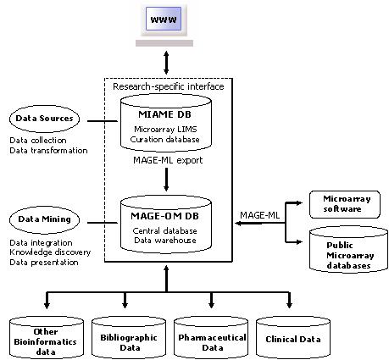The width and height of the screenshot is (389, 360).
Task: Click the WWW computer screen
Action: point(164,19)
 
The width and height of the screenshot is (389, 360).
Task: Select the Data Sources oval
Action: point(44,119)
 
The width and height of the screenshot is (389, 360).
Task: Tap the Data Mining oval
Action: point(44,219)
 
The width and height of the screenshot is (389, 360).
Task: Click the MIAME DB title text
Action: point(164,114)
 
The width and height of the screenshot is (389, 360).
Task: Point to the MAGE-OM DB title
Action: point(165,216)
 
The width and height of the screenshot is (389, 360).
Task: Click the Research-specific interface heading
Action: point(169,86)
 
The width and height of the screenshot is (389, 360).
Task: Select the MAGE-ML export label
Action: point(168,160)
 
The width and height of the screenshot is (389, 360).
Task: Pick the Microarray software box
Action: point(345,204)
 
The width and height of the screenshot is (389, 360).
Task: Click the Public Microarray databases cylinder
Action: point(348,250)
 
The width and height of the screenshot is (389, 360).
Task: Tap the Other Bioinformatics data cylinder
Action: point(47,338)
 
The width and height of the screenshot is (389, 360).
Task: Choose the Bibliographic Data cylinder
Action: point(129,338)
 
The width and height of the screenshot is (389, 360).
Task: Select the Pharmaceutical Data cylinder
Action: point(211,338)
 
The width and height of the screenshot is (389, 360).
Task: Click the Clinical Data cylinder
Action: point(293,338)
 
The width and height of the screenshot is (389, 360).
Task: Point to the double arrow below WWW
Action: point(166,63)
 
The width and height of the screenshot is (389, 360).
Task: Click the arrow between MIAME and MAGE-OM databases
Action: point(166,180)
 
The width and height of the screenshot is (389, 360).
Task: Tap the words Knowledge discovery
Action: point(50,252)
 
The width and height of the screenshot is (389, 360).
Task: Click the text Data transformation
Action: point(48,150)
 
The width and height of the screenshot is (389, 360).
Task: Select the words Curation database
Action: point(165,140)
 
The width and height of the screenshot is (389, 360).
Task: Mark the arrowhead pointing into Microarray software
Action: point(298,202)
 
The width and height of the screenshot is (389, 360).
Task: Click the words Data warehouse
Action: point(165,241)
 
